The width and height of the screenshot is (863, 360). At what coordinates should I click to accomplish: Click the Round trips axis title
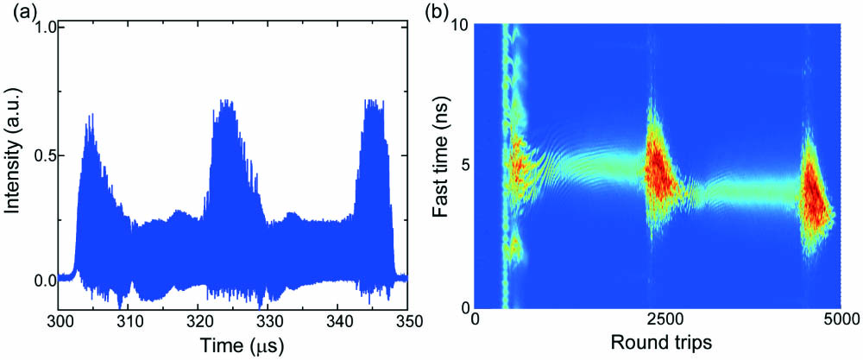pyautogui.click(x=662, y=343)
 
